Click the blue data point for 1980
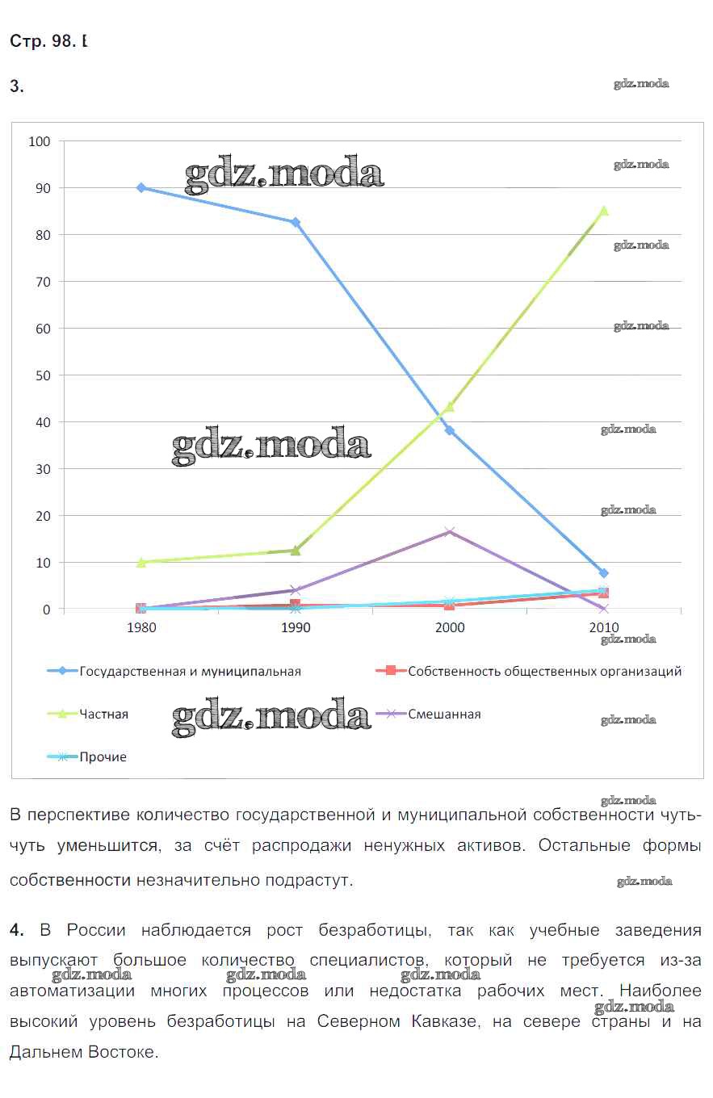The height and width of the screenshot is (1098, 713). point(141,187)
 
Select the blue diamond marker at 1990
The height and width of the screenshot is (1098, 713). point(296,222)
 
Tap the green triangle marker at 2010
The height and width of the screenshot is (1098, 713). point(603,211)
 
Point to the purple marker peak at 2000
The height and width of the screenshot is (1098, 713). point(450,531)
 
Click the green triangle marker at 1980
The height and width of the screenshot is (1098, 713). point(141,562)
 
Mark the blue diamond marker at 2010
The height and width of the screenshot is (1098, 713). point(603,573)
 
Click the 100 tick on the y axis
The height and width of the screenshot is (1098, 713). point(40,141)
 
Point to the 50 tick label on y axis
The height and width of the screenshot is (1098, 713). point(43,375)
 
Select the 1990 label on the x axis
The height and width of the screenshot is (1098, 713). point(296,627)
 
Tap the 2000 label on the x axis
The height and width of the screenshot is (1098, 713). point(450,627)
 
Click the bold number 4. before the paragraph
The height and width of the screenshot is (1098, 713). point(17,930)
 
